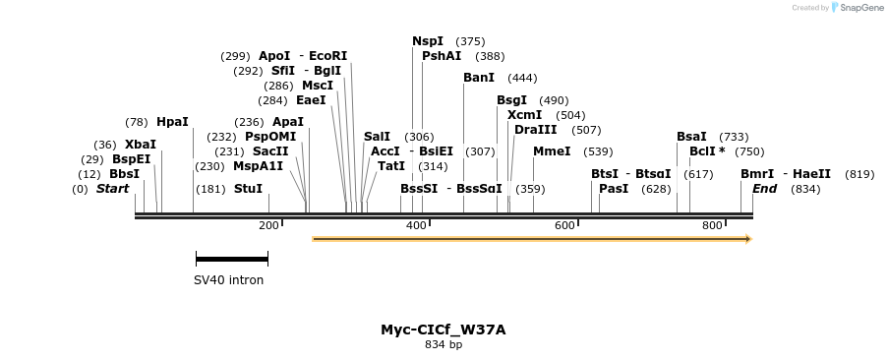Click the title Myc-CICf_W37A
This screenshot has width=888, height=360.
443,330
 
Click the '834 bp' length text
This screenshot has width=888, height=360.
443,345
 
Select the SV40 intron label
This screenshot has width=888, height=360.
228,280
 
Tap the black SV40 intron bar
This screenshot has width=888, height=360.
231,260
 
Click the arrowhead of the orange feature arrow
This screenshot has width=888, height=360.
748,239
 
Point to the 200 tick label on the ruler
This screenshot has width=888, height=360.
268,226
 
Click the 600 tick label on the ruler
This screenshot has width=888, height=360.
564,226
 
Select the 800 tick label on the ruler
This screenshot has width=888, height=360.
712,226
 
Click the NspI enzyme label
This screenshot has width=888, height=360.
428,41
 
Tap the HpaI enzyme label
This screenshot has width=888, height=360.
172,122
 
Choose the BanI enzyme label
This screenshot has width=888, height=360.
479,78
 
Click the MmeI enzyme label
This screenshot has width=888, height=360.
552,151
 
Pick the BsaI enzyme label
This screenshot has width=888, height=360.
691,137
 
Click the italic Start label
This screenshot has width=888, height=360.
112,189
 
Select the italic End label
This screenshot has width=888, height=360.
765,189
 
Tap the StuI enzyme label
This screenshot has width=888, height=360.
248,189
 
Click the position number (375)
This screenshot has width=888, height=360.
471,41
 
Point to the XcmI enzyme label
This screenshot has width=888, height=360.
524,115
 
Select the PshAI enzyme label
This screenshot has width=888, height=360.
442,56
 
